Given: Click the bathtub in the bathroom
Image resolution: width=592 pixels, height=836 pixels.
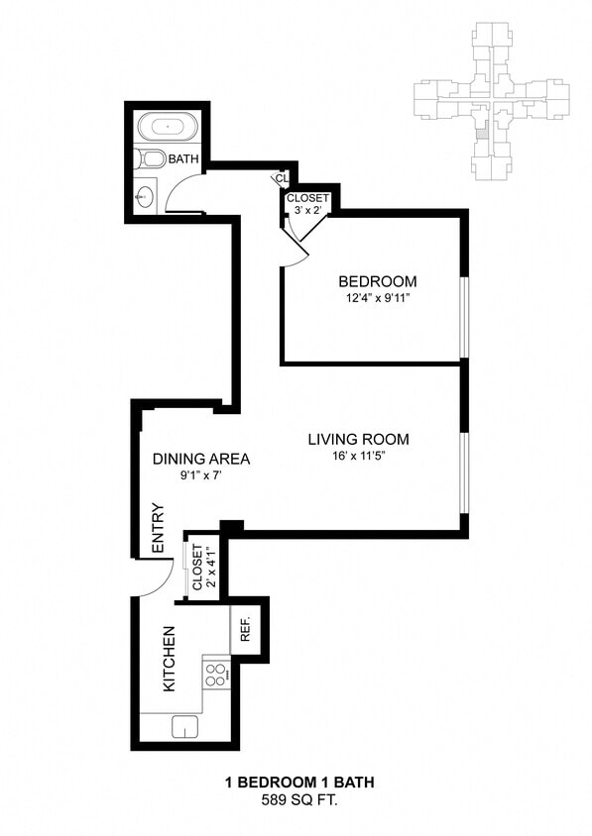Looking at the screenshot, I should pos(165,128).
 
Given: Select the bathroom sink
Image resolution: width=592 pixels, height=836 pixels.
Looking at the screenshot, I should pos(146,196).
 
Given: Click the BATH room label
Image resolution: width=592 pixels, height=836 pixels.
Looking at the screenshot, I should pos(183,158).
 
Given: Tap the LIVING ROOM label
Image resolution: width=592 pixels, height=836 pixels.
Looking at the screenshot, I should pos(357,440).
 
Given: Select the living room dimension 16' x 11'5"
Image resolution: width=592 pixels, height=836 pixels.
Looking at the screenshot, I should pos(357,457).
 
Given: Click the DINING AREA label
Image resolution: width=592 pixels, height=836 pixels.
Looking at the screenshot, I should pos(200,459).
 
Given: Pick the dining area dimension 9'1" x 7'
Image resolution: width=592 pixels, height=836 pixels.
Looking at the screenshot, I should pos(200,475).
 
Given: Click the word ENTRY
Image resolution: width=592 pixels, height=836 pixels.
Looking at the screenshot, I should pos(158,529).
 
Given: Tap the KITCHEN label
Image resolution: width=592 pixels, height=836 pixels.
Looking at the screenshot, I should pos(169,659).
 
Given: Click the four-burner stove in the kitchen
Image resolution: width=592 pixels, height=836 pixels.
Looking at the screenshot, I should pos(215,675).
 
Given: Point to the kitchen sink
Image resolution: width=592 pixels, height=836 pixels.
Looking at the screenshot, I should pos(185,727).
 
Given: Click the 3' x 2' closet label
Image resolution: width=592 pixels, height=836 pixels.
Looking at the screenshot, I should pos(307,204).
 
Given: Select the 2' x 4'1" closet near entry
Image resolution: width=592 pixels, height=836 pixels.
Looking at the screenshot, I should pos(202,568).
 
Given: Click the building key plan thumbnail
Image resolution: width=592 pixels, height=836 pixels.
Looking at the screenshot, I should pos(491,102).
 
